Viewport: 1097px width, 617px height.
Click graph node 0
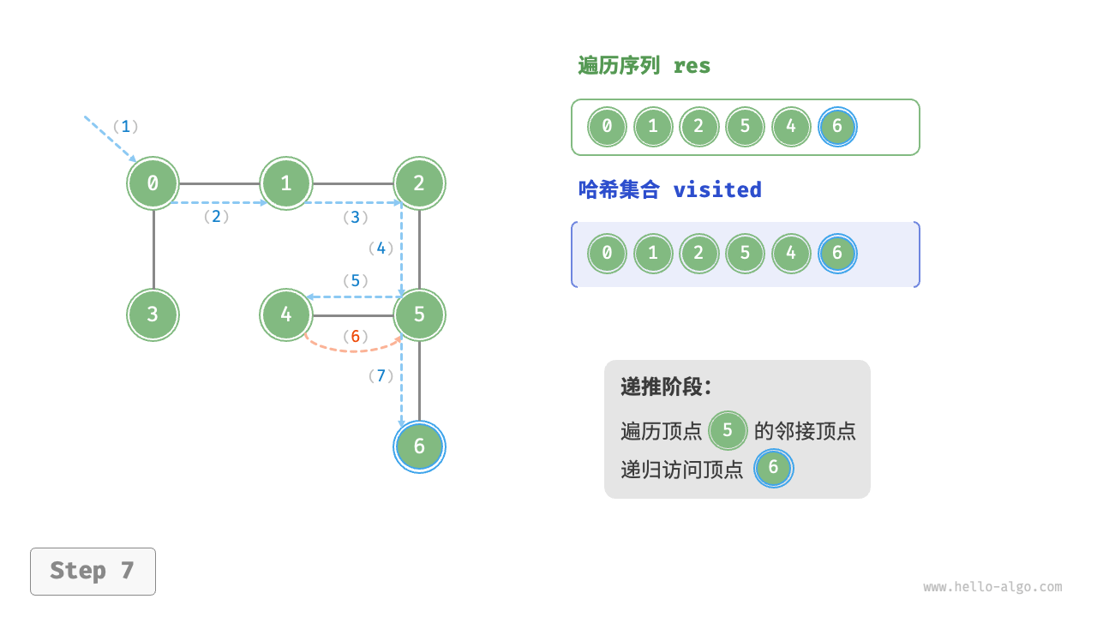(x=153, y=183)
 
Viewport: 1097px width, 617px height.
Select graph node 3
(x=153, y=314)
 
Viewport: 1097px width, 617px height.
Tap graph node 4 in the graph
(x=286, y=314)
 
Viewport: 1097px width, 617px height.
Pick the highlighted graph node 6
(x=419, y=446)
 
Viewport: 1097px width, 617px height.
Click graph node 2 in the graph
(x=419, y=183)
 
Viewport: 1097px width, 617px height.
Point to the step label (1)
(x=126, y=127)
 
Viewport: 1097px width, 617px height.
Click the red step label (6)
(x=355, y=337)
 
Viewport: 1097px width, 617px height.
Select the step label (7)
(x=381, y=375)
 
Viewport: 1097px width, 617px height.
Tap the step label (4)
(x=381, y=249)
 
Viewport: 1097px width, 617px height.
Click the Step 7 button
(x=93, y=571)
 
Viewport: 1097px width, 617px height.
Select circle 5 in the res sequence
(x=745, y=127)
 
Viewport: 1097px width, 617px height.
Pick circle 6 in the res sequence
(x=837, y=127)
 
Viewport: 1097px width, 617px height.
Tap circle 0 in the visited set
(x=607, y=254)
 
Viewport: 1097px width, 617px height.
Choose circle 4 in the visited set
(x=791, y=254)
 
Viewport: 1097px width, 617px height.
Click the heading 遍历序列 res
(x=644, y=66)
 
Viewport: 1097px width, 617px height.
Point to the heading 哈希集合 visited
(x=670, y=189)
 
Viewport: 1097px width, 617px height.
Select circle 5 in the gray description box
(x=728, y=430)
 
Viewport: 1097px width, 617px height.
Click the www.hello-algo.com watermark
(x=992, y=587)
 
